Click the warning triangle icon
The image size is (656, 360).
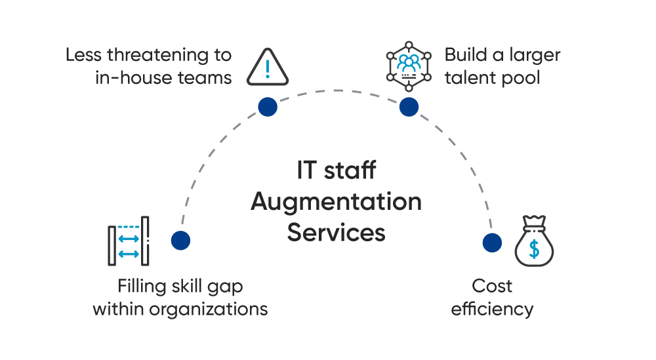267,68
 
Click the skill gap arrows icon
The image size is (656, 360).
128,241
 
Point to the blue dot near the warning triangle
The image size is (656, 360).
267,107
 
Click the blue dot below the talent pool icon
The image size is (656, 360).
409,107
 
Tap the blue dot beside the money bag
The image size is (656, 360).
492,242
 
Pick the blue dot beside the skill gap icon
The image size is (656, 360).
180,240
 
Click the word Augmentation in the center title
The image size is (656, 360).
336,202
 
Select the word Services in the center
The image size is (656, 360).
336,232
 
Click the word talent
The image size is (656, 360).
469,77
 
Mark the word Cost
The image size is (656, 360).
492,286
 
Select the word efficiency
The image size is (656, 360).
492,309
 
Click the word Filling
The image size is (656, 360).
140,286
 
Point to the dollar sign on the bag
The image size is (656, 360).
535,249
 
